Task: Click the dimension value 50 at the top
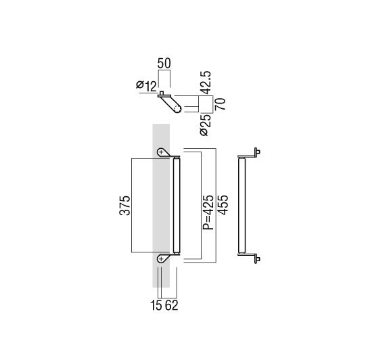[x=164, y=64]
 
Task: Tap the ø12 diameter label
[x=146, y=86]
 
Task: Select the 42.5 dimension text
[x=206, y=83]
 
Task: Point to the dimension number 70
[x=221, y=104]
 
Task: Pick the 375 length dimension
[x=125, y=205]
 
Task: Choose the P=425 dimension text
[x=208, y=212]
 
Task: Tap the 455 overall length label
[x=223, y=205]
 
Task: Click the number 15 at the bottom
[x=156, y=305]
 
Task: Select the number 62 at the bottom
[x=171, y=305]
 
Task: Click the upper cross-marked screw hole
[x=161, y=152]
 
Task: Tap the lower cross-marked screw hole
[x=161, y=259]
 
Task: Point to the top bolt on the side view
[x=258, y=152]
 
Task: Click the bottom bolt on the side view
[x=258, y=259]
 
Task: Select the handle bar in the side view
[x=241, y=206]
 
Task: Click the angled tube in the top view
[x=171, y=104]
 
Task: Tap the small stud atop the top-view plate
[x=162, y=92]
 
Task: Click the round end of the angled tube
[x=178, y=109]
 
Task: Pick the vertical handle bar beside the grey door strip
[x=177, y=206]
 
